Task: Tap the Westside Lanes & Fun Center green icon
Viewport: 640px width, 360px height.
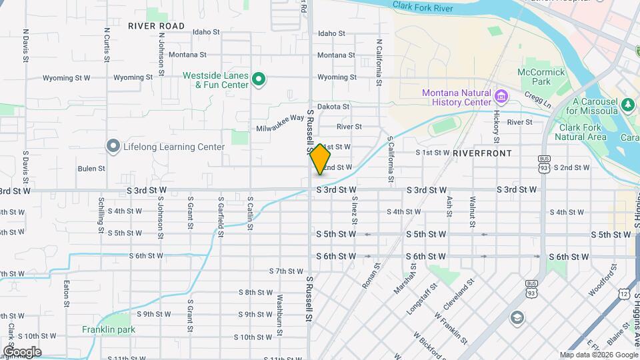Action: pyautogui.click(x=259, y=81)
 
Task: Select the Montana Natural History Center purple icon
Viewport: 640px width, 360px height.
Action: pyautogui.click(x=501, y=98)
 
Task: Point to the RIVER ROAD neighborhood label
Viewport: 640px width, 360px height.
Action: pyautogui.click(x=157, y=26)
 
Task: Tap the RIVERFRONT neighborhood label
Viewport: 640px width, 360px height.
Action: pyautogui.click(x=482, y=153)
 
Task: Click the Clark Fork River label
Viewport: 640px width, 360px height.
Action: pyautogui.click(x=423, y=7)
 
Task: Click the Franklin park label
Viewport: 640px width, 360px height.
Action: pyautogui.click(x=109, y=329)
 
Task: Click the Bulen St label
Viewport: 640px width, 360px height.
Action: pyautogui.click(x=91, y=169)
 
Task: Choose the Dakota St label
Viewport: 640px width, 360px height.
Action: pyautogui.click(x=333, y=107)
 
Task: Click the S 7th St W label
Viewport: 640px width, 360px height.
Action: pyautogui.click(x=287, y=271)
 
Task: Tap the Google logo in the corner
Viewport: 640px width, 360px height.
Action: pyautogui.click(x=22, y=351)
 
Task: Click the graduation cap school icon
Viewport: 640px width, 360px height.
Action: pyautogui.click(x=517, y=317)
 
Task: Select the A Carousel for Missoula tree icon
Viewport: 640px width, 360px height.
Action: pyautogui.click(x=627, y=105)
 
